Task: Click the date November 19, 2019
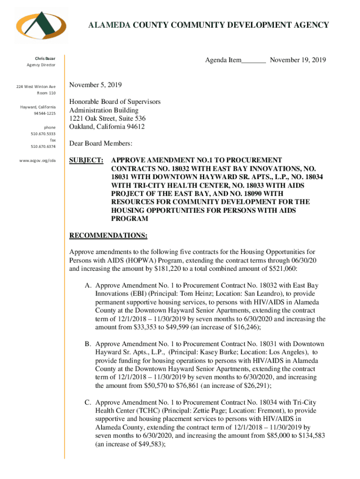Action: (x=298, y=60)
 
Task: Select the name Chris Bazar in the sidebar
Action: (x=46, y=58)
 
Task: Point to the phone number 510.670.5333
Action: (x=43, y=134)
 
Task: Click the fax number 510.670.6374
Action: (x=43, y=146)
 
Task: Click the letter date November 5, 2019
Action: (x=95, y=85)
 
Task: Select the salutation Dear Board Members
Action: (x=101, y=144)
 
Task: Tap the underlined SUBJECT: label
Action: (x=86, y=160)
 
